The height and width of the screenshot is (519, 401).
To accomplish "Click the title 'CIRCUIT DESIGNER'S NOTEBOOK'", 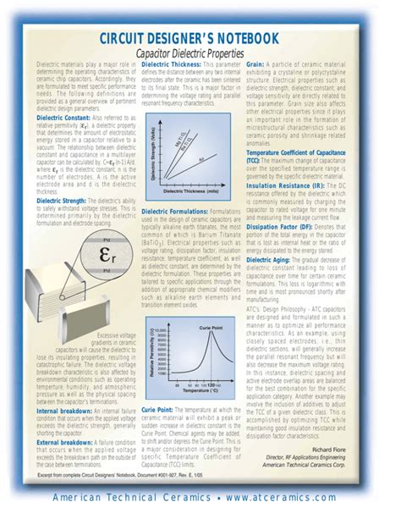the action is coord(200,39).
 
